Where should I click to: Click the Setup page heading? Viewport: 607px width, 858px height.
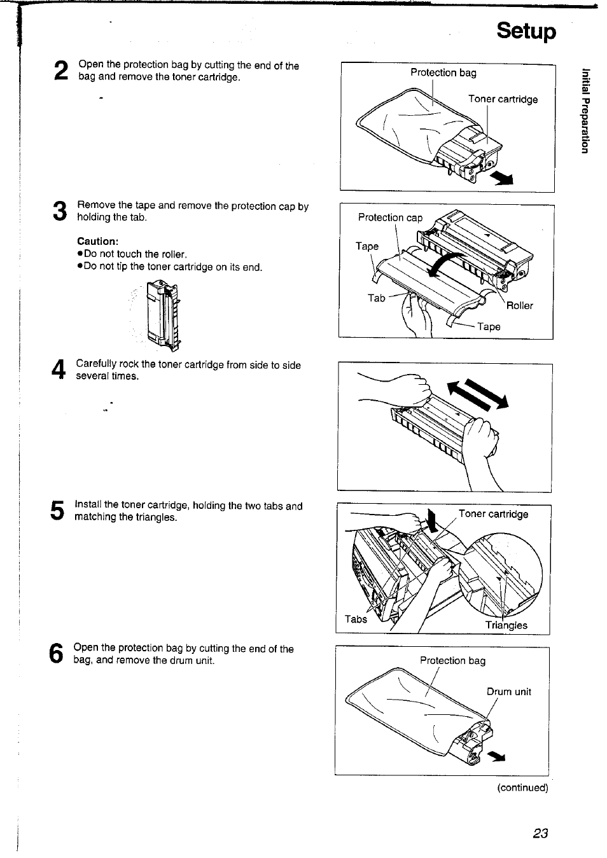(x=526, y=31)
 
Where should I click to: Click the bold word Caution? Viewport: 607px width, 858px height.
(x=98, y=241)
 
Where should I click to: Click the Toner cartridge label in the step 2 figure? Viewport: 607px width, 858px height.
(x=503, y=99)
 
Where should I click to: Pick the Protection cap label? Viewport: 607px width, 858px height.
(x=390, y=218)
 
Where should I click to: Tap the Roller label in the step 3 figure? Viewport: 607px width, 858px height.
(x=519, y=305)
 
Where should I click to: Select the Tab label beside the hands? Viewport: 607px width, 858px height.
(x=376, y=298)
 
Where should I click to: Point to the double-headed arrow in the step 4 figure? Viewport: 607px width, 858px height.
(x=478, y=393)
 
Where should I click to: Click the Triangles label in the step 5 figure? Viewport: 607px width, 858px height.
(x=506, y=625)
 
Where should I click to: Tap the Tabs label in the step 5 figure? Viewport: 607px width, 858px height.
(x=356, y=619)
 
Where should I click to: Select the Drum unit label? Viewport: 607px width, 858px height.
(x=508, y=692)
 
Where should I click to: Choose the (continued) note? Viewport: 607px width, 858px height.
(x=522, y=787)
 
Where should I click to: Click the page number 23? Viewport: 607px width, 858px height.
(x=540, y=833)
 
